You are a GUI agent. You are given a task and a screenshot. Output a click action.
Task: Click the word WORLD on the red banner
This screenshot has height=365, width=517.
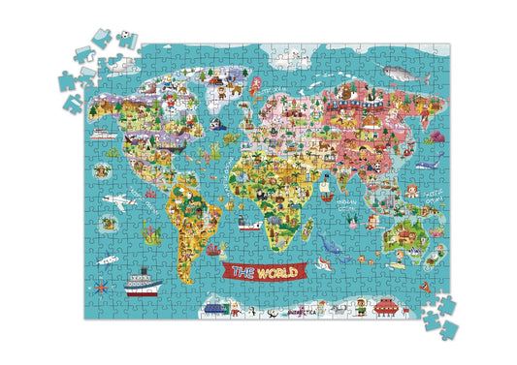pos(274,273)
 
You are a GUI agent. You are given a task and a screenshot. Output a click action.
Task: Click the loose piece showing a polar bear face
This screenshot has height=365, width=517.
pos(124,39)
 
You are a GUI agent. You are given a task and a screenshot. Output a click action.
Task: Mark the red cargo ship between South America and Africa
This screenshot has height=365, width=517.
pos(250,225)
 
